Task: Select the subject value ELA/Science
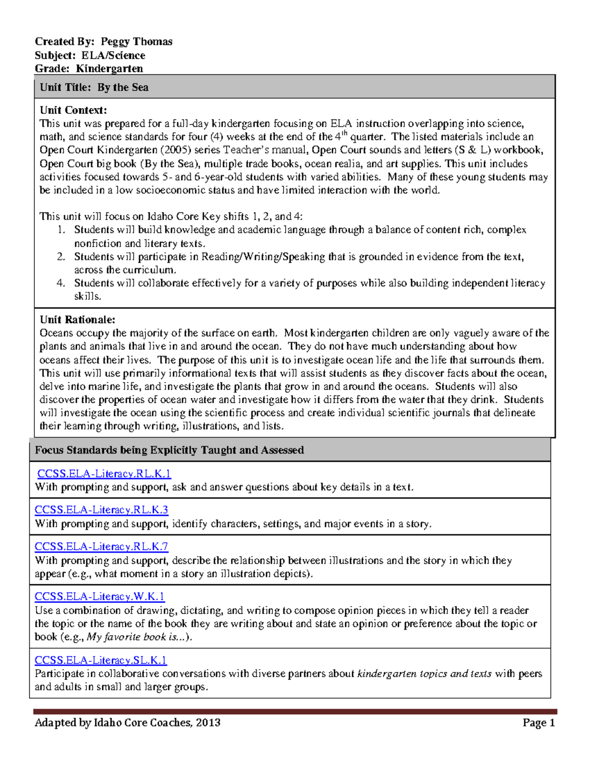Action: (113, 56)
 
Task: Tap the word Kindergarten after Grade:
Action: (109, 69)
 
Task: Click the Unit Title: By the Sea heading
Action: (94, 87)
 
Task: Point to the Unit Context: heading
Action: (73, 110)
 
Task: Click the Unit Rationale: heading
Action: (77, 320)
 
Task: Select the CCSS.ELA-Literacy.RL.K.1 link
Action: (104, 474)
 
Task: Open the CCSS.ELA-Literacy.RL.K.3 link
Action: (101, 510)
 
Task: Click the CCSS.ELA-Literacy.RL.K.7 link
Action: (101, 546)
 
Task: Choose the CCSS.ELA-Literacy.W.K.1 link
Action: (99, 596)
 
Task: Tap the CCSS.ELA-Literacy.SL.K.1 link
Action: (101, 660)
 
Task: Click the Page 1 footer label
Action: (538, 723)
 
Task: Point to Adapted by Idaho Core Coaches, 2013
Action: (127, 723)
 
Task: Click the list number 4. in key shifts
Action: (61, 283)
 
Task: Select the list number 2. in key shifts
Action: (61, 256)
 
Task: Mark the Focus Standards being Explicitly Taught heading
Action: (169, 450)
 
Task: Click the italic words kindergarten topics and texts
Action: (424, 674)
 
